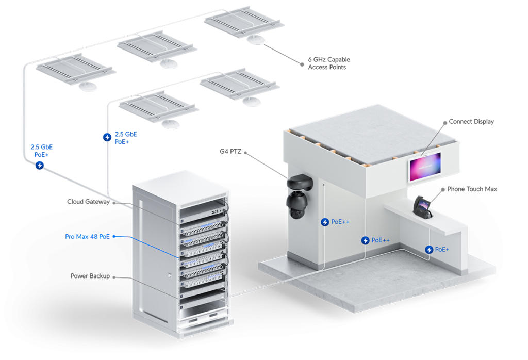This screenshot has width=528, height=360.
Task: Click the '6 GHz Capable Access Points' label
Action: click(329, 63)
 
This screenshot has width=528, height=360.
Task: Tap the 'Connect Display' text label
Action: click(471, 122)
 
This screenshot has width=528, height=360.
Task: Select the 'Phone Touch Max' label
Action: click(472, 189)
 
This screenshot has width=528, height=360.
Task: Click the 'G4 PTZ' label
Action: click(230, 152)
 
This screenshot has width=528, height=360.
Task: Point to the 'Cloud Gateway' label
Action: click(88, 202)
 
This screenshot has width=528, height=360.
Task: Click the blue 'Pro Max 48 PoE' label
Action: click(87, 237)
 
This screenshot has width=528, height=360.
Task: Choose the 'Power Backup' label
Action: click(90, 276)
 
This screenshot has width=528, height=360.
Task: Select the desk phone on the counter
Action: click(423, 207)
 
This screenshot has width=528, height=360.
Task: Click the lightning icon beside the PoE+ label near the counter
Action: click(428, 250)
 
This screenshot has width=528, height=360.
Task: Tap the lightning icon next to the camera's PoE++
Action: click(325, 222)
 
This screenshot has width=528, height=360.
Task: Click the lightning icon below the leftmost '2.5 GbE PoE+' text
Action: click(40, 166)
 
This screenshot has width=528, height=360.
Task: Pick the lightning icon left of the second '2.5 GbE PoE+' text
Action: click(107, 137)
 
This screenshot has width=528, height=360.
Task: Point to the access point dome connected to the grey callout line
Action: click(256, 40)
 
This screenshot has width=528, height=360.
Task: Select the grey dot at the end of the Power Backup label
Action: click(114, 277)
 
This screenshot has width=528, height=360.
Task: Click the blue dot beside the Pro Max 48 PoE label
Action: click(114, 237)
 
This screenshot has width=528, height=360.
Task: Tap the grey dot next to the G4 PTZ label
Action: click(245, 153)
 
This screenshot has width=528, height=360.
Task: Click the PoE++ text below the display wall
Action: click(381, 240)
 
